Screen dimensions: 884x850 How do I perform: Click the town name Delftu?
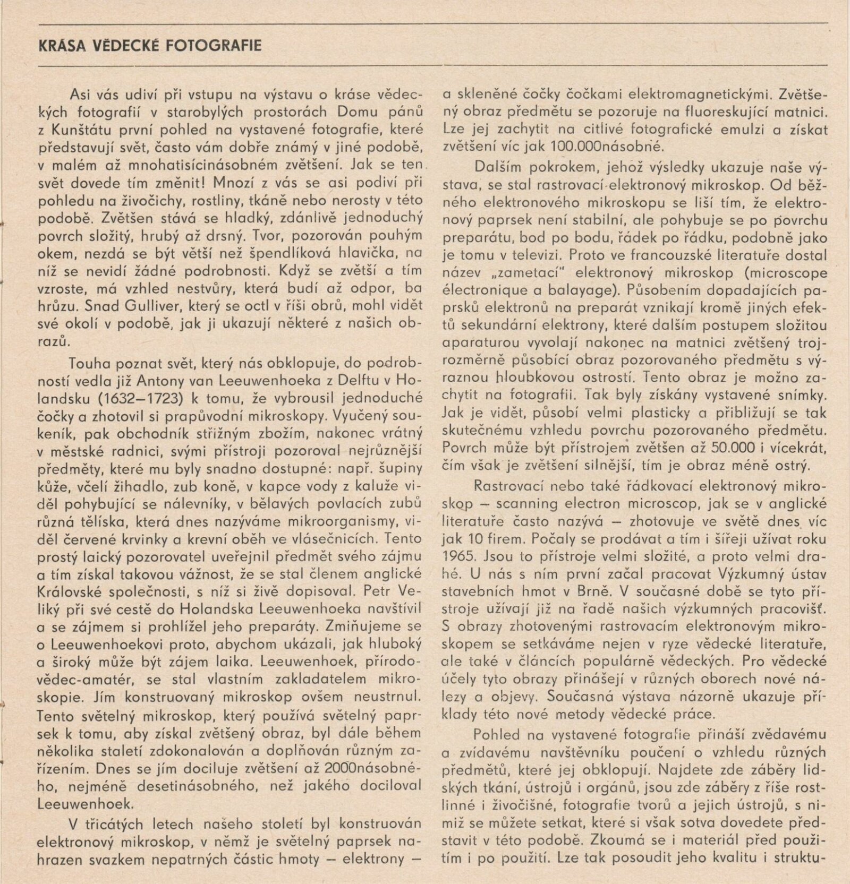coord(348,381)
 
